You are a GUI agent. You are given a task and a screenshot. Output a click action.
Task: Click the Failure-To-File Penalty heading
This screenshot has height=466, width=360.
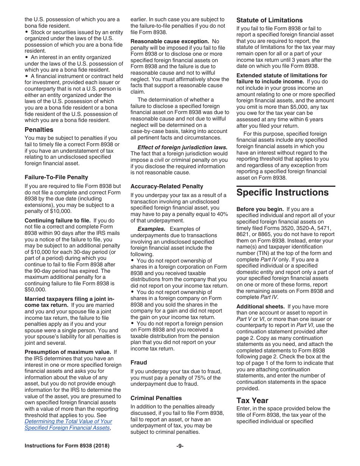coord(56,177)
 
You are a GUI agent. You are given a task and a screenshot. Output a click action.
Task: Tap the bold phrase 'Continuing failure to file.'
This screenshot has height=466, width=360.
coord(58,220)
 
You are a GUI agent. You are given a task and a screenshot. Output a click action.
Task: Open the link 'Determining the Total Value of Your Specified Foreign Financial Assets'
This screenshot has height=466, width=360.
coord(68,425)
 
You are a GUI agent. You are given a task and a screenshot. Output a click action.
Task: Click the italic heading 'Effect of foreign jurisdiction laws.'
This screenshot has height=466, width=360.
coord(182,147)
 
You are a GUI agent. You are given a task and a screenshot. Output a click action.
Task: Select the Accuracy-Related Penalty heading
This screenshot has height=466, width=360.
coord(167,186)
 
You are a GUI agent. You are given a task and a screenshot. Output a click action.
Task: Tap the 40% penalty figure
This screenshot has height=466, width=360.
coord(222,214)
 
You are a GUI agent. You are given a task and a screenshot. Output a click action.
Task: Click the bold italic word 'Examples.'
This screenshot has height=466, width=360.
coord(151,229)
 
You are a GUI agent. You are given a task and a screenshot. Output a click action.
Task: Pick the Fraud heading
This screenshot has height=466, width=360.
coord(139,363)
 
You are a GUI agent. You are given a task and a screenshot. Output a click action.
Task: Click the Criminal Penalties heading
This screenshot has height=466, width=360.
coord(156,398)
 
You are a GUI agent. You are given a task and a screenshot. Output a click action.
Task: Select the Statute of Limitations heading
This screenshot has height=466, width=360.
coord(269,20)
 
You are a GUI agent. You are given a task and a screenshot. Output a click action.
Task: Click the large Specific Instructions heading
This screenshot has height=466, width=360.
coord(282,192)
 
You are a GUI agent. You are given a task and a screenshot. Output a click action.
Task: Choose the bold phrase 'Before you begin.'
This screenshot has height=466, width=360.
coord(260,209)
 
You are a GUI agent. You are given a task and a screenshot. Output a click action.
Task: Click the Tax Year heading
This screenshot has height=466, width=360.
coord(252,400)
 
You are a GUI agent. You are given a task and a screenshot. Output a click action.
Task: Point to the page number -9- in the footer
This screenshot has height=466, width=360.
coord(180,446)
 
